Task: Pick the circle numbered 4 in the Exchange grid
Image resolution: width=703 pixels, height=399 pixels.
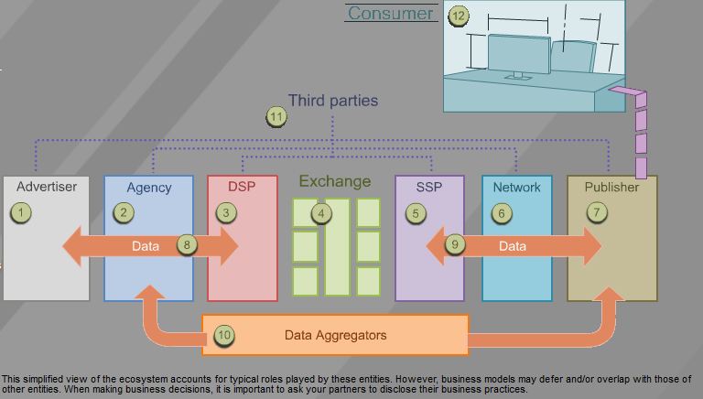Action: (320, 213)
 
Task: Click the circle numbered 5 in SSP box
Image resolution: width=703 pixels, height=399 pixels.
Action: (416, 213)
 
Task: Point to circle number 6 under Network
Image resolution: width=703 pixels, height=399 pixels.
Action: (501, 213)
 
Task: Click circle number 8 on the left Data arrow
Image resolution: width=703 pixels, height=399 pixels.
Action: (187, 245)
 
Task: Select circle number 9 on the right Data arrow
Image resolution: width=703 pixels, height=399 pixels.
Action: (456, 245)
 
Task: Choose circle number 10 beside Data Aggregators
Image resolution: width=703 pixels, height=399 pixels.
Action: (223, 335)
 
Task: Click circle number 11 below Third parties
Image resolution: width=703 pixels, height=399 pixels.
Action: (276, 116)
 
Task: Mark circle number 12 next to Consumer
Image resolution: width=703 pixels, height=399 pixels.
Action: (459, 15)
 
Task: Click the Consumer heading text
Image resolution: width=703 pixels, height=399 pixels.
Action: (390, 13)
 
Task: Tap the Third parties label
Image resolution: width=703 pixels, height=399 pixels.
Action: (332, 100)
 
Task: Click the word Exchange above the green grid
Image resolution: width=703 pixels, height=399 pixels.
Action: (333, 181)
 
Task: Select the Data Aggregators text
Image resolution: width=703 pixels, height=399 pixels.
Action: (336, 335)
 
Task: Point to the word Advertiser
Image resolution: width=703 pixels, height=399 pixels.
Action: (47, 187)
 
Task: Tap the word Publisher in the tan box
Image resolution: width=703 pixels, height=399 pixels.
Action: (611, 187)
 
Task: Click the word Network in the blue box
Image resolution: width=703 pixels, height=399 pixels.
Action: (516, 187)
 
